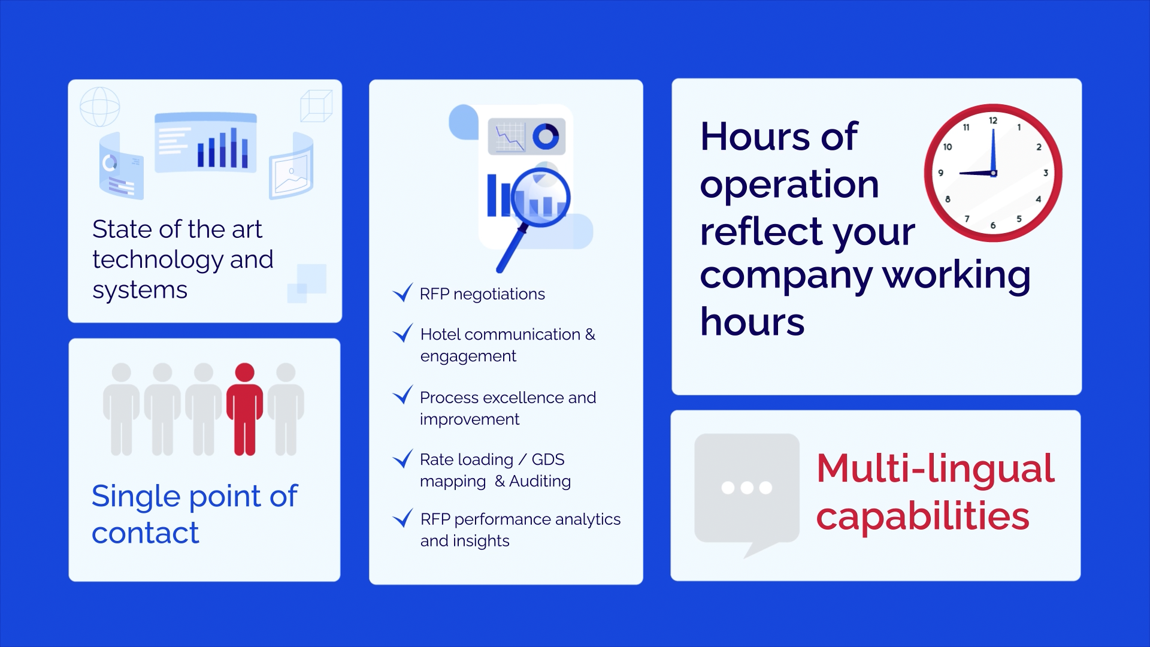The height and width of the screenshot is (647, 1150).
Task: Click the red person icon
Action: (244, 409)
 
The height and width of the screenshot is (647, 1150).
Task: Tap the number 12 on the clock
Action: (993, 120)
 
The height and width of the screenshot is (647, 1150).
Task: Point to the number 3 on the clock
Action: (1046, 173)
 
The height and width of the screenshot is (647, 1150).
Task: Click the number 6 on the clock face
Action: (993, 225)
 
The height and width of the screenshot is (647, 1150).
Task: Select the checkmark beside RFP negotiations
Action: (402, 292)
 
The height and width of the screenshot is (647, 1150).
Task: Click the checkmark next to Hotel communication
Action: (402, 332)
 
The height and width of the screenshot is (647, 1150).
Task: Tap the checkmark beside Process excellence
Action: (402, 395)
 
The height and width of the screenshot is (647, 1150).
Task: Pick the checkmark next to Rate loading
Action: (402, 458)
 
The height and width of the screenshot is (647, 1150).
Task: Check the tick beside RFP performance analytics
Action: (402, 518)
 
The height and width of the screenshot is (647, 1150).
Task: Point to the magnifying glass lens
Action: (541, 196)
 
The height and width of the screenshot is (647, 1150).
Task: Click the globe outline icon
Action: (99, 107)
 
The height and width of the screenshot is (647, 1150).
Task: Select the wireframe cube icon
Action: (316, 106)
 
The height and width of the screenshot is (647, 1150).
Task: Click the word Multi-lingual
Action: (934, 468)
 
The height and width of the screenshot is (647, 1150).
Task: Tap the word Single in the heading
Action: (135, 497)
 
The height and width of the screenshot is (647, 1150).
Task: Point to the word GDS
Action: (547, 459)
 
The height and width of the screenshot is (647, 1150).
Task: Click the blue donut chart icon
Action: (545, 136)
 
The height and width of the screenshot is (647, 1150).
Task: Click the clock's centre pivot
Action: (993, 173)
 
